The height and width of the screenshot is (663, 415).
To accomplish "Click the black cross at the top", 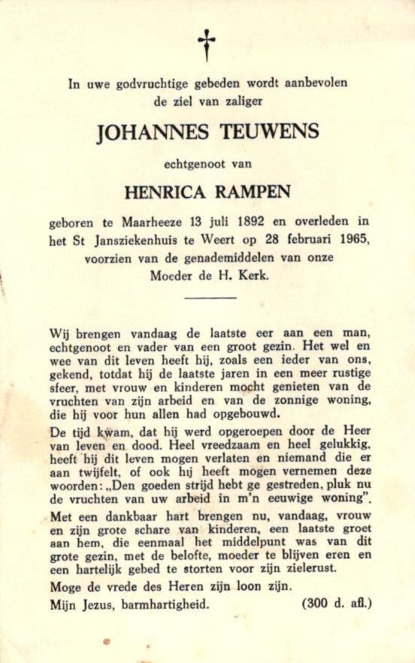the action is (206, 44).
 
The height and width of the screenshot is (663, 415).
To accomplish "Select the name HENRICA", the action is (161, 192).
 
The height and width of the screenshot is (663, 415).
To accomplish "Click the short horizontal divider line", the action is (210, 298).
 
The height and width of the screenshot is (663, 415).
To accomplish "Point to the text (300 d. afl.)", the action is (336, 604).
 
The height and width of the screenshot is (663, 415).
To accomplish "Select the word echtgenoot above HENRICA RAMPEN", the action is (195, 163).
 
